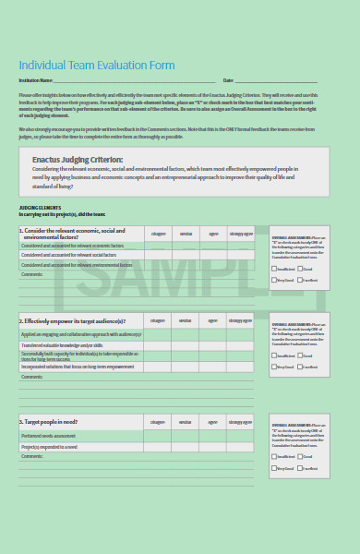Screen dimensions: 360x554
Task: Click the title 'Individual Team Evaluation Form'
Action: tap(97, 66)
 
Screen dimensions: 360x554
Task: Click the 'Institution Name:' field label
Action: tap(35, 81)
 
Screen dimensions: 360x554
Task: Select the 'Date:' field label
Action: tap(228, 81)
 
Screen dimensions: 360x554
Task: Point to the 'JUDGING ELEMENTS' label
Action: tap(40, 208)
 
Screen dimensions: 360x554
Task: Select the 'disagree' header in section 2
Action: tap(158, 320)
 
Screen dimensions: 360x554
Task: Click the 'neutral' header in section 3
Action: tap(186, 421)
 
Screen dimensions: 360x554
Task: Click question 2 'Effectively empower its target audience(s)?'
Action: tap(76, 320)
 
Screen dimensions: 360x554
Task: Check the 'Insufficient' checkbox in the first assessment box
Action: tap(274, 268)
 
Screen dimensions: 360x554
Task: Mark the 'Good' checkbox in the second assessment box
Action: tap(300, 355)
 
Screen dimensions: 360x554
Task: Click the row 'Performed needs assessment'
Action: tap(51, 436)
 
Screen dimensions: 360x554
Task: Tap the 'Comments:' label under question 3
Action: tap(32, 456)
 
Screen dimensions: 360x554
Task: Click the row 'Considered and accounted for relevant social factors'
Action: tap(70, 256)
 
